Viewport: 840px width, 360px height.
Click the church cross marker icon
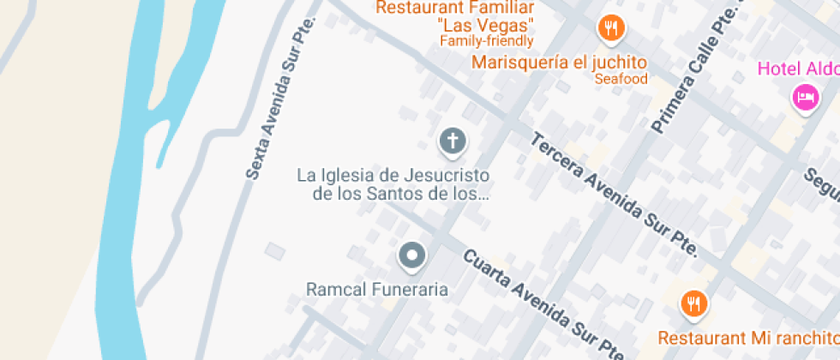453,141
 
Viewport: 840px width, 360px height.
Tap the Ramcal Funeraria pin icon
412,255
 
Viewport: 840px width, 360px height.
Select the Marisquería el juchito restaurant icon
609,28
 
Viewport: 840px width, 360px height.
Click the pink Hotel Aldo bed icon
804,97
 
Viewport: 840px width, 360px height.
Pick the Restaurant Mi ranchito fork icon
693,303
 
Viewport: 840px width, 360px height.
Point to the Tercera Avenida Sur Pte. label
615,195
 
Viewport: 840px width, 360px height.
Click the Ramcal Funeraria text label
377,289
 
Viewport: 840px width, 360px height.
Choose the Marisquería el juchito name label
559,63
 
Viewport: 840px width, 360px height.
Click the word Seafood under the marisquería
621,79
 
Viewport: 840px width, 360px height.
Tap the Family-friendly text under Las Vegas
486,40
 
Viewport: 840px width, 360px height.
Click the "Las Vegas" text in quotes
486,25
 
